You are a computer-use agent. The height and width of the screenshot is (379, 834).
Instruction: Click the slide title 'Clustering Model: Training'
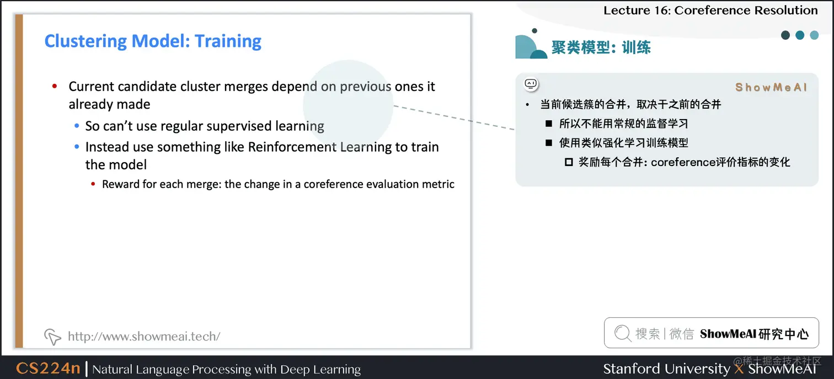click(153, 41)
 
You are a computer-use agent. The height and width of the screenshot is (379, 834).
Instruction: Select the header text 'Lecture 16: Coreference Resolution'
click(710, 10)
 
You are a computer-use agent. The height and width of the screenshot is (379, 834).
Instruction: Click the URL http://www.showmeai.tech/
click(144, 336)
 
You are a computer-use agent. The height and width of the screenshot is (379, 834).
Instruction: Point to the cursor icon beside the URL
click(52, 336)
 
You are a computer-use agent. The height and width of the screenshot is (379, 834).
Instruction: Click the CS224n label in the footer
click(48, 369)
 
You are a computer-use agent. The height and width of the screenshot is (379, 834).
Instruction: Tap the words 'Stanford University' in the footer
click(666, 369)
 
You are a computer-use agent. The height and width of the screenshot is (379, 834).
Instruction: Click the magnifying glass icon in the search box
click(622, 333)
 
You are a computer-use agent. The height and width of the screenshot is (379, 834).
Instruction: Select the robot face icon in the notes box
click(531, 84)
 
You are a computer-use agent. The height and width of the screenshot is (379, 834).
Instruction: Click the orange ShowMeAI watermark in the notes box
click(771, 87)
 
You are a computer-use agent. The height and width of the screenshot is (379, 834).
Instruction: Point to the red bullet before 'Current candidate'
click(55, 87)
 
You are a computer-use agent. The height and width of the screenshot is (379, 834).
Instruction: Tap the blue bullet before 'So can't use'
click(77, 126)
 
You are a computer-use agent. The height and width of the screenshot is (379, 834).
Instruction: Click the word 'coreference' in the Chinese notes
click(682, 162)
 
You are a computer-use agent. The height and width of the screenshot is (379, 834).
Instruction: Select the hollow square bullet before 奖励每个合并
click(569, 163)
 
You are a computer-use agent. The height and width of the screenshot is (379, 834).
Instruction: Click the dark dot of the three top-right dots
click(785, 35)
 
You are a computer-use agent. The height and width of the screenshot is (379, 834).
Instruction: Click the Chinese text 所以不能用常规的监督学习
click(623, 124)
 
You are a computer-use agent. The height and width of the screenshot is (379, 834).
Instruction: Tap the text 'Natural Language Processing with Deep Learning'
click(226, 369)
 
